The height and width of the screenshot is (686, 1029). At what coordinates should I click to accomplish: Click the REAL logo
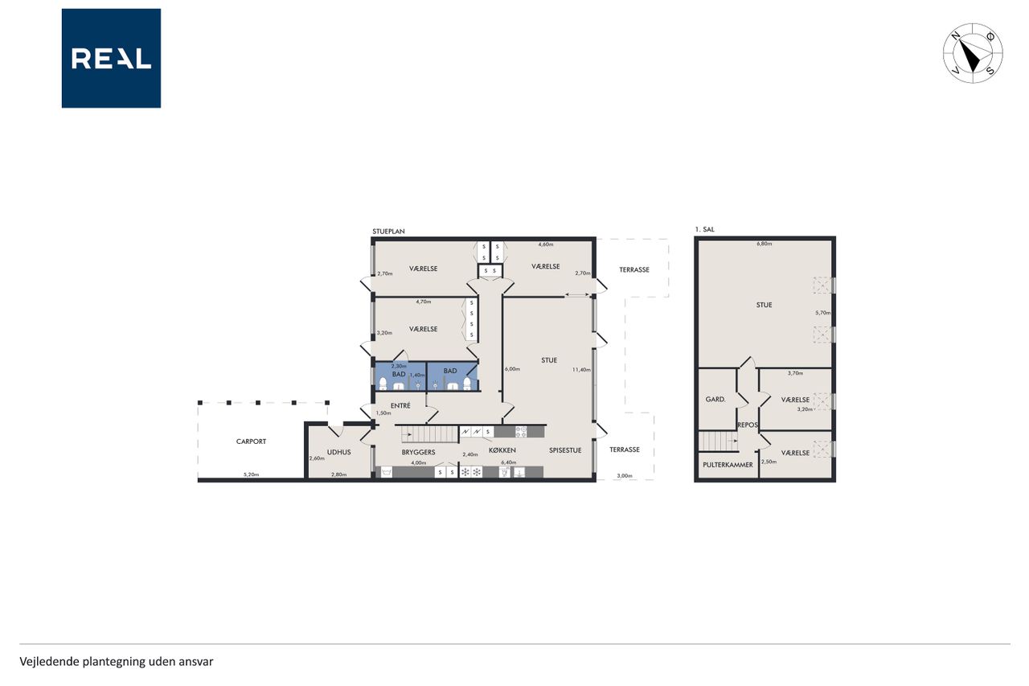tap(111, 59)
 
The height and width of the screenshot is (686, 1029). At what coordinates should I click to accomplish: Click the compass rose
tap(973, 53)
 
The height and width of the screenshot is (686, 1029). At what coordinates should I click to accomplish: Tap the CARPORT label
tap(251, 442)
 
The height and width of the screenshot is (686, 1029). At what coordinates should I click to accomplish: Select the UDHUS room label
tap(339, 452)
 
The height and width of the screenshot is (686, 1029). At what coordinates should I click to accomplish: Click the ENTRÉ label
tap(400, 405)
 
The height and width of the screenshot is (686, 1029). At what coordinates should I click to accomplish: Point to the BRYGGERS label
tap(418, 452)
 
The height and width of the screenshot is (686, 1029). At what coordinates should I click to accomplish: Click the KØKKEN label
tap(502, 450)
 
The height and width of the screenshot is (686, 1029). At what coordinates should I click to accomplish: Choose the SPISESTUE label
tap(565, 450)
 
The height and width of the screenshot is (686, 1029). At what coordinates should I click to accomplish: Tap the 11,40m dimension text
tap(581, 369)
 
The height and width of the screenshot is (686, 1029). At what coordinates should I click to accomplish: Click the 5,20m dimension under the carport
tap(251, 474)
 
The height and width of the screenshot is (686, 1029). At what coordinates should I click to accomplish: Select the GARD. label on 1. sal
tap(715, 399)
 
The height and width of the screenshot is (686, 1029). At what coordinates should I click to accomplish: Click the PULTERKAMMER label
tap(728, 465)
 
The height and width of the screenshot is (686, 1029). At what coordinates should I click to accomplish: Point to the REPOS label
tap(748, 425)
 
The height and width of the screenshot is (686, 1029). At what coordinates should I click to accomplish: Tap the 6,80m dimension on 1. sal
tap(765, 244)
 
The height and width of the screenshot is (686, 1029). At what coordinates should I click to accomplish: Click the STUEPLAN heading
tap(388, 232)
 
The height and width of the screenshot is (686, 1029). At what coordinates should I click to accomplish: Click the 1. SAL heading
tap(705, 229)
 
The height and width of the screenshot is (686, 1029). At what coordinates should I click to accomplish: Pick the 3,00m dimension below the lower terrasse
tap(625, 475)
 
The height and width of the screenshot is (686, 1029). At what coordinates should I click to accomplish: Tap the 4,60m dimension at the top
tap(546, 244)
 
